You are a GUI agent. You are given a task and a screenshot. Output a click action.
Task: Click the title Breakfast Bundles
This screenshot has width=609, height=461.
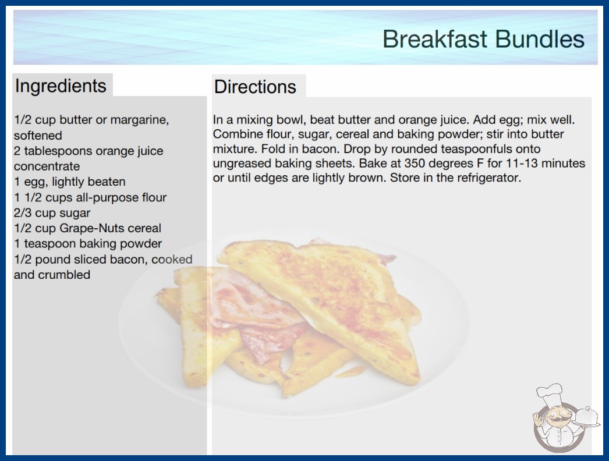(483, 39)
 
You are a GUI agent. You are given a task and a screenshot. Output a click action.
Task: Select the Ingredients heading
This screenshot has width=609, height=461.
(61, 86)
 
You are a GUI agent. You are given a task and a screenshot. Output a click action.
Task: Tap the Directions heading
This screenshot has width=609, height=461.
(255, 87)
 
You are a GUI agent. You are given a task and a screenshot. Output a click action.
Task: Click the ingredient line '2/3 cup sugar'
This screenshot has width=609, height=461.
(52, 213)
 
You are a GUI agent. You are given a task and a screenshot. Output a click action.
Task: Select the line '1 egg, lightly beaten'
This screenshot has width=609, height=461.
(70, 182)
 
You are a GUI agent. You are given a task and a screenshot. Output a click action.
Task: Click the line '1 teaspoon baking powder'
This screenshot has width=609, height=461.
(88, 243)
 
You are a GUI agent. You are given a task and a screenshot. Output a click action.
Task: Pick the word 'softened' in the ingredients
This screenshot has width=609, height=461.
(38, 135)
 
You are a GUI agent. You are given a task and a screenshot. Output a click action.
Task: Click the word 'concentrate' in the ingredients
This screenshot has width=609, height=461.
(47, 166)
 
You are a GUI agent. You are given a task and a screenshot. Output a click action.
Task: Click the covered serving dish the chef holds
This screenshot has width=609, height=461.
(586, 417)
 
